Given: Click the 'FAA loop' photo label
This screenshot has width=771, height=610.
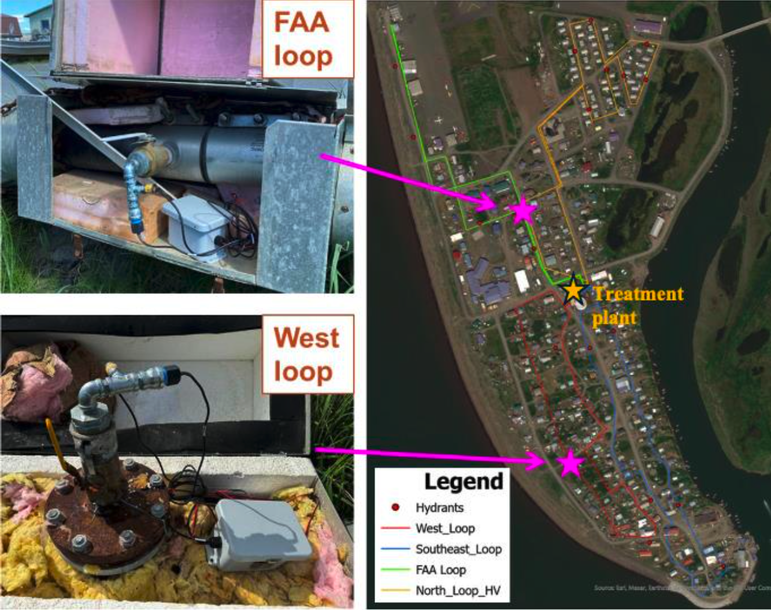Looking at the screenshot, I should click(303, 39).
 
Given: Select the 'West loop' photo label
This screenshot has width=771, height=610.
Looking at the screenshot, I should click(306, 354).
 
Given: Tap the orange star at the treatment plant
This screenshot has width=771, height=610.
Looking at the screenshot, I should click(573, 290).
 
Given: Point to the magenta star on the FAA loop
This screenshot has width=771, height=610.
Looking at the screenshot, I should click(522, 212).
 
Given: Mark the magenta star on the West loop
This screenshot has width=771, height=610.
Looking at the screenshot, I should click(570, 463).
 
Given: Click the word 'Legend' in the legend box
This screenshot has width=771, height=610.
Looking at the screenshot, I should click(464, 482).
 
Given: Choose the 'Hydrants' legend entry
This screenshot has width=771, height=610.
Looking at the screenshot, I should click(439, 508).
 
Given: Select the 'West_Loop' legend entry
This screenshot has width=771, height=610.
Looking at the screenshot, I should click(445, 528).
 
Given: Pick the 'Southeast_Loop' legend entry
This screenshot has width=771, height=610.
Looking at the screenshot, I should click(458, 549).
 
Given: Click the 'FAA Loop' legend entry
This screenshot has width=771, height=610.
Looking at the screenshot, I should click(440, 570).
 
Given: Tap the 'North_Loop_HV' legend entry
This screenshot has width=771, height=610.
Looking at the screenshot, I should click(458, 590).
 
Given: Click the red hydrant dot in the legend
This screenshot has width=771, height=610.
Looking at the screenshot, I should click(395, 508).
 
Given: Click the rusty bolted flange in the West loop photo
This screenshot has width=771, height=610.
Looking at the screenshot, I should click(107, 515).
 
